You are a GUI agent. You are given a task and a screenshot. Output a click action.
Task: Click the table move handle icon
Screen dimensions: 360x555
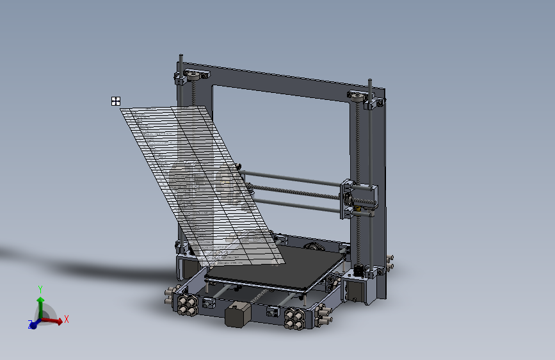pos(116,101)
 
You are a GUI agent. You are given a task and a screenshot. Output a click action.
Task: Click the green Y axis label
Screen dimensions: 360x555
pos(40,289)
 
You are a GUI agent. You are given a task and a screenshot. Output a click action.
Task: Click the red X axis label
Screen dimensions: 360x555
pos(67,318)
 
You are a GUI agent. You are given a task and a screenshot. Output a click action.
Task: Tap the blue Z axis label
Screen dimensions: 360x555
pos(30,325)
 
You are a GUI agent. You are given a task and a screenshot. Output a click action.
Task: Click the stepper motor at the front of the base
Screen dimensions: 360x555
pos(236,316)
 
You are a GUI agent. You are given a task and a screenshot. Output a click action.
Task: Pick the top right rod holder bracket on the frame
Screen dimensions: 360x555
pos(363,99)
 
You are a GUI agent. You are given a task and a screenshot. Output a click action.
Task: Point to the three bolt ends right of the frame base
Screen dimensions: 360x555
pos(389,263)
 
